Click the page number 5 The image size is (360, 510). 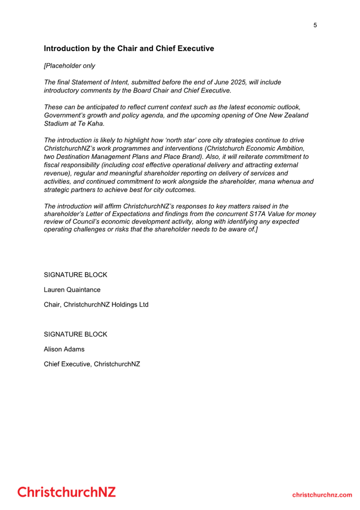click(315, 25)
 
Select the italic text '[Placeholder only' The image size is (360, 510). click(69, 66)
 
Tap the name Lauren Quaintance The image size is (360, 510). click(72, 290)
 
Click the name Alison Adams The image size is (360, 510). click(64, 349)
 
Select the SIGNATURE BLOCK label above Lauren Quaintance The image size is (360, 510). click(75, 275)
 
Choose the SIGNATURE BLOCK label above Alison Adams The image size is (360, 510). click(75, 334)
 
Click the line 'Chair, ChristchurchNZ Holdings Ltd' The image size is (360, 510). click(96, 305)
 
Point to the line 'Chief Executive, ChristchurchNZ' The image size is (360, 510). click(92, 364)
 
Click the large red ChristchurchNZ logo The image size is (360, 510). click(67, 492)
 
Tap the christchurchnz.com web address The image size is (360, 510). click(322, 495)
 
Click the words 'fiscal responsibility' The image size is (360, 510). click(72, 165)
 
